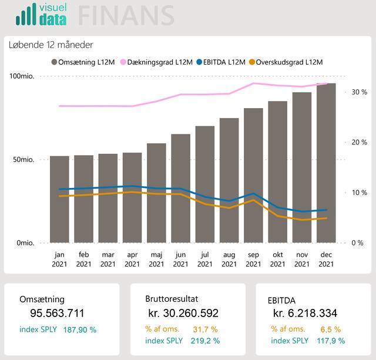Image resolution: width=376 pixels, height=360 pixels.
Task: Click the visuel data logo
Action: [41, 15]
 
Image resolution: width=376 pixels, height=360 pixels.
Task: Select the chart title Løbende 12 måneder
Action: [51, 45]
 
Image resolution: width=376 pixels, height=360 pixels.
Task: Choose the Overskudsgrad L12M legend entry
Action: [286, 62]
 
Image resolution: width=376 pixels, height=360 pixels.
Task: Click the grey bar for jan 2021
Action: [59, 199]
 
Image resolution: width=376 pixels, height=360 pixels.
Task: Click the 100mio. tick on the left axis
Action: [22, 76]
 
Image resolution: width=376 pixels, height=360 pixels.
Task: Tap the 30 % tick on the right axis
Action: [359, 92]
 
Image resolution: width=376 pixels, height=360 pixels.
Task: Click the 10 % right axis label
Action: [359, 193]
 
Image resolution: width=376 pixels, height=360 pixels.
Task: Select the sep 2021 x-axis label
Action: [253, 260]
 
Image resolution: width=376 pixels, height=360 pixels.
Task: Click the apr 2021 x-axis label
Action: [132, 260]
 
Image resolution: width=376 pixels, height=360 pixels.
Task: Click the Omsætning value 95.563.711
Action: [57, 314]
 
